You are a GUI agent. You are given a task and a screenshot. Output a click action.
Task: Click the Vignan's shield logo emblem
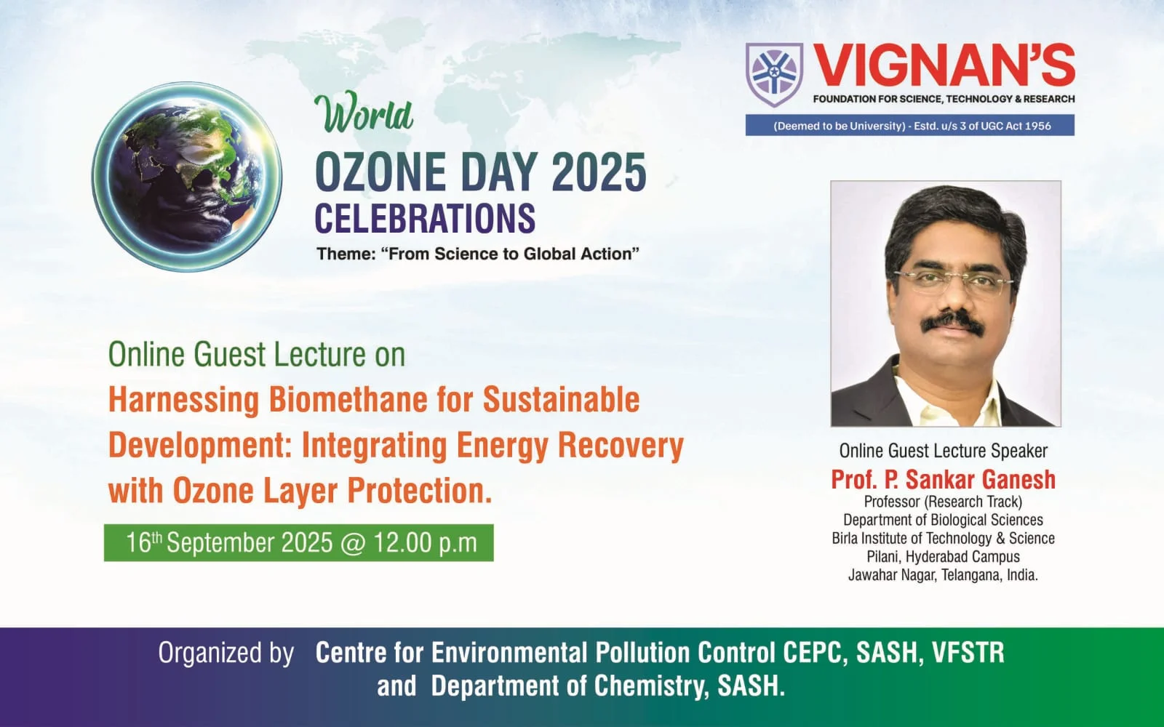[x=774, y=74]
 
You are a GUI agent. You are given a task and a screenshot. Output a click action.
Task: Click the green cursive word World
[x=364, y=112]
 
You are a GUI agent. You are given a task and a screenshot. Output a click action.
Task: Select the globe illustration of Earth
[x=187, y=177]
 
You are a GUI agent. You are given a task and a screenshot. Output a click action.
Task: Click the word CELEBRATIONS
[x=425, y=218]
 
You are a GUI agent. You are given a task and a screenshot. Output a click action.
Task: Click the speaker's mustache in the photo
[x=952, y=322]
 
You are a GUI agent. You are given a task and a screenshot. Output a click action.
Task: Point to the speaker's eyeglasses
[x=954, y=282]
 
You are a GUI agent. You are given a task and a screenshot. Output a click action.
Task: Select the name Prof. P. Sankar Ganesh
[x=943, y=479]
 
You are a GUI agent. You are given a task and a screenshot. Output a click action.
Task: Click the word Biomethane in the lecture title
[x=348, y=400]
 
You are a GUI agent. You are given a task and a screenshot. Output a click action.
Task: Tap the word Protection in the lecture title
[x=419, y=491]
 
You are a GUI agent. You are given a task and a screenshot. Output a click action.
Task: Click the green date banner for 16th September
[x=299, y=542]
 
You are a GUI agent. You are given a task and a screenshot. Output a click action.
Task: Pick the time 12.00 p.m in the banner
[x=425, y=543]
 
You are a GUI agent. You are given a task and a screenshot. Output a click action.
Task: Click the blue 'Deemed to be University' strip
[x=910, y=126]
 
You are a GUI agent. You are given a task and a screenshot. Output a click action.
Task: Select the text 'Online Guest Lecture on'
[x=257, y=355]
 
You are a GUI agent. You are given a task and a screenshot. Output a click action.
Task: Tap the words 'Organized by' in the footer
[x=226, y=654]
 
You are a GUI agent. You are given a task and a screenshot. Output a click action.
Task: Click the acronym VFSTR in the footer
[x=968, y=653]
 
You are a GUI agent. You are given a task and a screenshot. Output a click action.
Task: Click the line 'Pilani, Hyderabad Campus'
[x=943, y=557]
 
